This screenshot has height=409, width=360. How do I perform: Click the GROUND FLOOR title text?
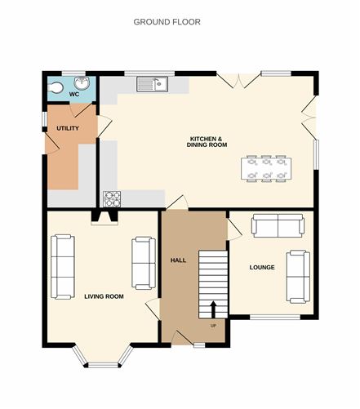coord(167,22)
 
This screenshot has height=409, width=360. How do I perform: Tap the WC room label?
coord(74,95)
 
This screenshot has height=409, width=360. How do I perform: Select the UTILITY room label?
coord(68,128)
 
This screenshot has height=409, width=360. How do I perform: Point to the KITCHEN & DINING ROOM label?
coord(207,142)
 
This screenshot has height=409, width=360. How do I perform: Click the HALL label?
coord(179,260)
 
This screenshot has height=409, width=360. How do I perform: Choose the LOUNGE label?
coord(262,267)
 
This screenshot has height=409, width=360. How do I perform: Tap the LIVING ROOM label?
coord(104,296)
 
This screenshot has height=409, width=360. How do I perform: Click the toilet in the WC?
coord(56,87)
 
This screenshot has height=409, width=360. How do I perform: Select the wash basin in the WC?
coord(82,82)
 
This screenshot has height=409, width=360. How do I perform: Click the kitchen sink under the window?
coord(153,84)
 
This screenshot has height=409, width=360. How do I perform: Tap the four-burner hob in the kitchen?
coord(112,199)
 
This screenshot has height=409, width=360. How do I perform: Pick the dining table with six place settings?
coord(266,169)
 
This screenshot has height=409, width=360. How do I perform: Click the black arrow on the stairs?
coord(213,309)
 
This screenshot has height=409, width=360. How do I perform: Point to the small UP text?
coord(213,326)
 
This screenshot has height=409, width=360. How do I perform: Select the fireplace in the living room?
coord(104,218)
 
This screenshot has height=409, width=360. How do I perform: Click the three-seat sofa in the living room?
coord(63,267)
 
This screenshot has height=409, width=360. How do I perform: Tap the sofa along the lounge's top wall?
coord(278,225)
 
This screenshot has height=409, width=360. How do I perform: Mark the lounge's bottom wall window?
coord(275,317)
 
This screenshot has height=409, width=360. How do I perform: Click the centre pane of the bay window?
coord(104,365)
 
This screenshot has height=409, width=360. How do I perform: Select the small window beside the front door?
coord(199,345)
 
